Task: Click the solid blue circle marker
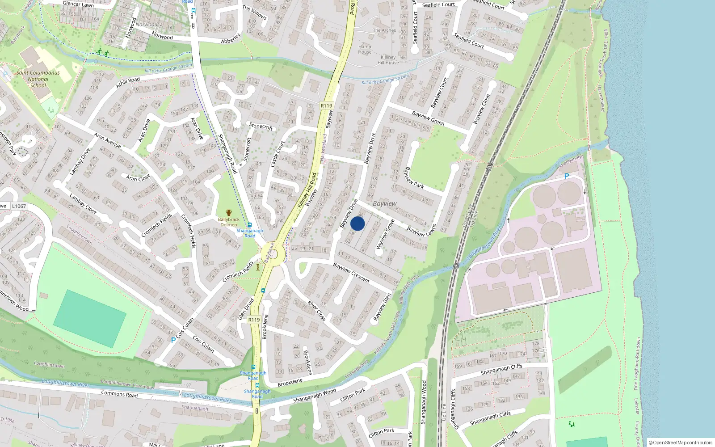point(357,223)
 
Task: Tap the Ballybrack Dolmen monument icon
point(229,213)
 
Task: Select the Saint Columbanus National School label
point(38,79)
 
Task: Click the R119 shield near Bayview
point(327,106)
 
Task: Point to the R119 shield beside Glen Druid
point(254,320)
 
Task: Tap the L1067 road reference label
point(19,206)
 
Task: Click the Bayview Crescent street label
point(351,273)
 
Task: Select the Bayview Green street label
point(428,118)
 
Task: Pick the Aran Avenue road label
point(108,140)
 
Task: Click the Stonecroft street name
point(261,127)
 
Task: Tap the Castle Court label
point(278,154)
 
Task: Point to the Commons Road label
point(119,394)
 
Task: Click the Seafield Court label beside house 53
point(469,40)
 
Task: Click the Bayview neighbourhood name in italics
point(384,203)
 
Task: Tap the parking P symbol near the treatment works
point(567,176)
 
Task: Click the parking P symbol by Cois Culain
point(173,340)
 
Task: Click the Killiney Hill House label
point(388,60)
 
